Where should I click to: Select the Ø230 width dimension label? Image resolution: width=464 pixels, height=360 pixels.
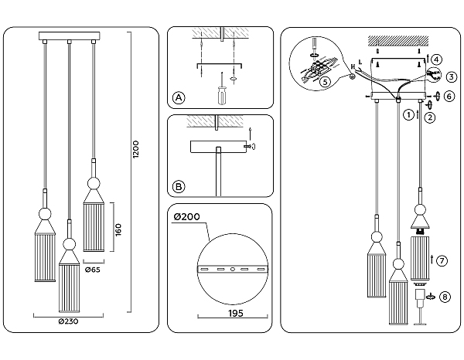click(68, 321)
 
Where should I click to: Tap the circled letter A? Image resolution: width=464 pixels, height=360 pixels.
click(179, 98)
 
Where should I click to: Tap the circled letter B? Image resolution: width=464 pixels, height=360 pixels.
click(179, 186)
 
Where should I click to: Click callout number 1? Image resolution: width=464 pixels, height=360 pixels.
click(408, 115)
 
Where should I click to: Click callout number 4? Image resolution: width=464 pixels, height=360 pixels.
click(437, 59)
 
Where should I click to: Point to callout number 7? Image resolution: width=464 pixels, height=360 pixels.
click(441, 260)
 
